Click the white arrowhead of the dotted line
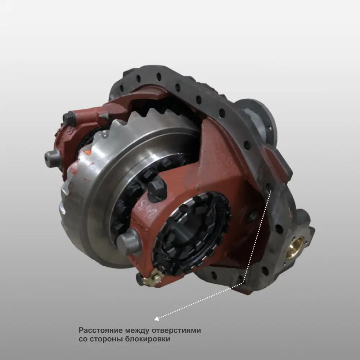[157, 318]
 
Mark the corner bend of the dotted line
[244, 283]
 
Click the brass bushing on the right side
[295, 248]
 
